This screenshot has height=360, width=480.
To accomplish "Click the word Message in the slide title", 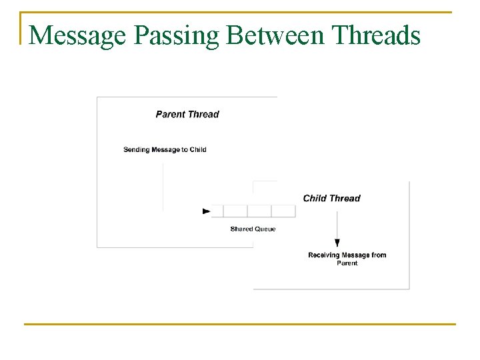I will pos(78,35).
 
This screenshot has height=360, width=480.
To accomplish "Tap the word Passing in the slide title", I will pos(176,35).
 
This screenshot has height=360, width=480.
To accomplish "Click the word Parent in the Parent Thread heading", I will pos(171,114).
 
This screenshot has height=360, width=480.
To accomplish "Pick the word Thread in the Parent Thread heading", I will pos(203,114).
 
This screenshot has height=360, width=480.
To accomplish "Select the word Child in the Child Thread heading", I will pos(315,198).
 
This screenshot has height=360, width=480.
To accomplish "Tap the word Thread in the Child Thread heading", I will pos(345,198).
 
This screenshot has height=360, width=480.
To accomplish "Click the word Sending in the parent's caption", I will pos(136,149).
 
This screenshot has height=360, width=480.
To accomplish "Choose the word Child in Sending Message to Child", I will pos(198,149).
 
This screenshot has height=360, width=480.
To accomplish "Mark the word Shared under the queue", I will pos(241,229).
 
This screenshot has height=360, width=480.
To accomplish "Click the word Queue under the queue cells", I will pos(265,229).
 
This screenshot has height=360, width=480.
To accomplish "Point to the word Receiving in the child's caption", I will pos(325,255).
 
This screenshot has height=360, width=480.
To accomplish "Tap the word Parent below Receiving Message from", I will pos(347,263).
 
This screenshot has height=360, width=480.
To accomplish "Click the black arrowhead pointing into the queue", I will pos(206,211).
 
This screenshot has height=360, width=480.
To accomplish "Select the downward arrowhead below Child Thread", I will pos(337,243).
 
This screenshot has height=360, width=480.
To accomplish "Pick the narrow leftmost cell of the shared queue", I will pos(217,211).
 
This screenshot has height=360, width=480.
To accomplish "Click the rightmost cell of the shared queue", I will pos(283,211).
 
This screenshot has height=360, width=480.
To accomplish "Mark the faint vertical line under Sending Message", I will pos(163,187).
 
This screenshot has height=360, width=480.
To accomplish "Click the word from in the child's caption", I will pos(378,255).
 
